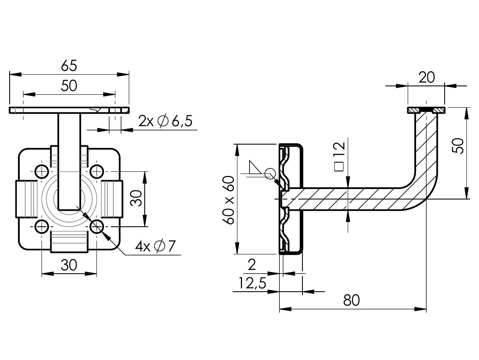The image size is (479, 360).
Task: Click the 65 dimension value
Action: pyautogui.click(x=69, y=65)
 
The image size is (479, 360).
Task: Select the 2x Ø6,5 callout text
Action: pyautogui.click(x=165, y=122)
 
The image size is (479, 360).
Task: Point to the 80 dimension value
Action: pyautogui.click(x=351, y=300)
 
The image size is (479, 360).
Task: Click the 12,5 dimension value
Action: pyautogui.click(x=253, y=284)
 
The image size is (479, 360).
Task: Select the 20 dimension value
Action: pyautogui.click(x=426, y=77)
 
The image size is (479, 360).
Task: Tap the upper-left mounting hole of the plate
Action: pyautogui.click(x=42, y=171)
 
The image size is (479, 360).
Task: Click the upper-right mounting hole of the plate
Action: pyautogui.click(x=97, y=171)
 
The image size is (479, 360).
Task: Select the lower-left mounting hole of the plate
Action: pyautogui.click(x=42, y=227)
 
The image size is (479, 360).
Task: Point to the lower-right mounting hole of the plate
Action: pyautogui.click(x=97, y=227)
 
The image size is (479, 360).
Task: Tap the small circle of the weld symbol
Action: pyautogui.click(x=270, y=173)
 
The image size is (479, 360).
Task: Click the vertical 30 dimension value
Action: pyautogui.click(x=135, y=199)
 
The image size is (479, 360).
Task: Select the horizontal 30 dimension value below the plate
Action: pyautogui.click(x=69, y=265)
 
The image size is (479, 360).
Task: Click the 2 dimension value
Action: pyautogui.click(x=252, y=264)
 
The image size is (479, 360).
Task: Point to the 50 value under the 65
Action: pyautogui.click(x=69, y=85)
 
